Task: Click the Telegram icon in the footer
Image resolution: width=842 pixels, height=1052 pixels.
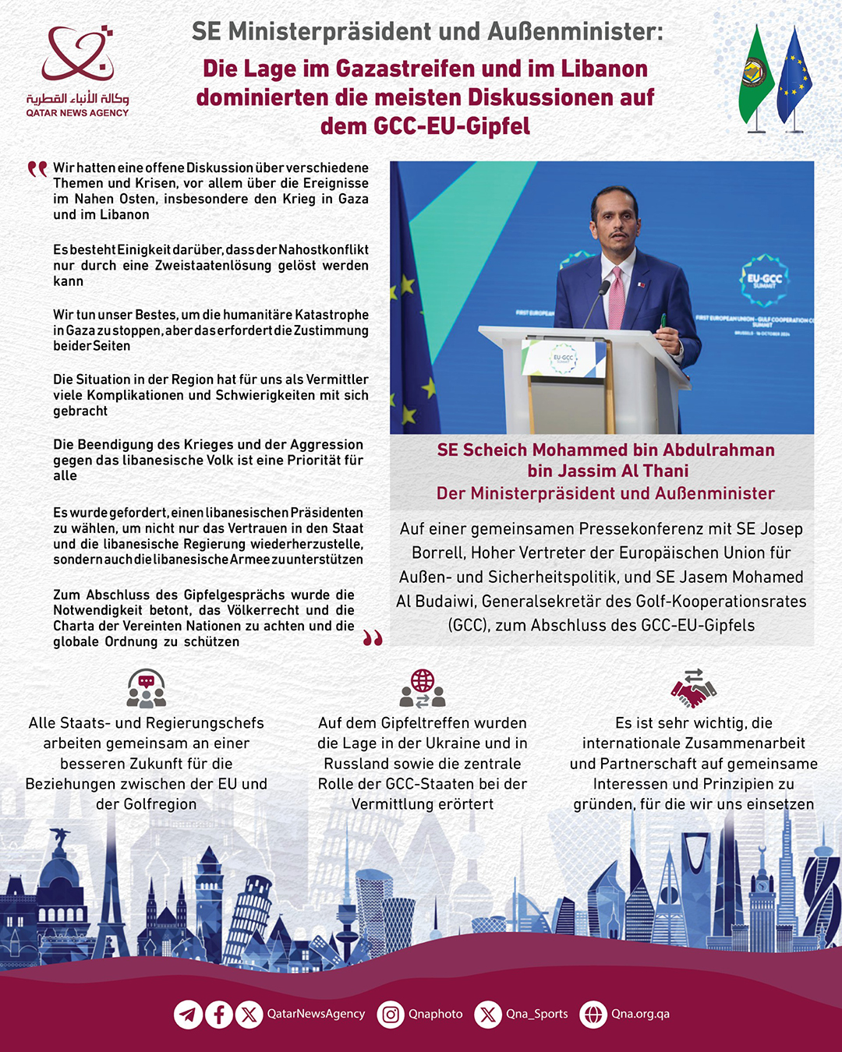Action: coord(188,1014)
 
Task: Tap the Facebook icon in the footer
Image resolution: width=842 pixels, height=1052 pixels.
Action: coord(219,1014)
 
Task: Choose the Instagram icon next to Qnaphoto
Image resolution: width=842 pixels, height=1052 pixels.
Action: coord(391,1014)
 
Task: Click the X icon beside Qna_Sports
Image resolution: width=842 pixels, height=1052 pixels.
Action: coord(488,1014)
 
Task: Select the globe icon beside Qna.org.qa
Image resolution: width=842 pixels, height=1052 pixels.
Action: coord(593,1014)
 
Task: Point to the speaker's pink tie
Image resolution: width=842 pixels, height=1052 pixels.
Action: coord(617,300)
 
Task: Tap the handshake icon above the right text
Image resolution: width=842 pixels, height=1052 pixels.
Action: coord(693,688)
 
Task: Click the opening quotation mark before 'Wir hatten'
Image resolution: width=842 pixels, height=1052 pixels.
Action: coord(37,169)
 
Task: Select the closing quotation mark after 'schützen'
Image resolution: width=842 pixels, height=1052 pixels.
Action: coord(373,639)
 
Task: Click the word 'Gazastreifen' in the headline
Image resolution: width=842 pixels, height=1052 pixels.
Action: coord(406,69)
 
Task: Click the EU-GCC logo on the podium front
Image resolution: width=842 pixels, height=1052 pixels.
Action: coord(563,358)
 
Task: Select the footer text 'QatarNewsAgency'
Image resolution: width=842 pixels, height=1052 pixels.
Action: coord(316,1014)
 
